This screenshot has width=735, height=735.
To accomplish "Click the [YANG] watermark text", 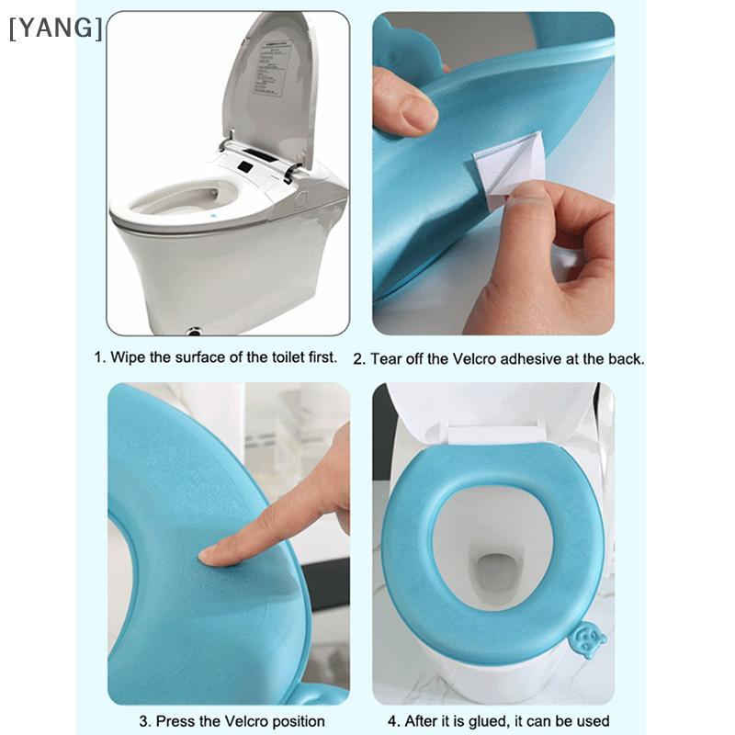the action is point(55,28).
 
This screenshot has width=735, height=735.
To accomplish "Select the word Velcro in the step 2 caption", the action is point(474,359).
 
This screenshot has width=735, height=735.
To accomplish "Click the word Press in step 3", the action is point(175,721).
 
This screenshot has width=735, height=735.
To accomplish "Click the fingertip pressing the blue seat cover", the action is point(210,555).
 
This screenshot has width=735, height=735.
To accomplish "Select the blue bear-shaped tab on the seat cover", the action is point(586,639).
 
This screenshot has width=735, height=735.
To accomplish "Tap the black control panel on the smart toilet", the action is point(244,166).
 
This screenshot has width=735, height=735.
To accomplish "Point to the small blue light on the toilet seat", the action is point(213,217).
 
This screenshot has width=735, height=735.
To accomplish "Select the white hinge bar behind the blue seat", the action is point(493,434).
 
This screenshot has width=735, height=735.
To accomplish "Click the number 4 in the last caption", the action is point(392,721).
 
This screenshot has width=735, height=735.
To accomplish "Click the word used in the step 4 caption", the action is point(593,721).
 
